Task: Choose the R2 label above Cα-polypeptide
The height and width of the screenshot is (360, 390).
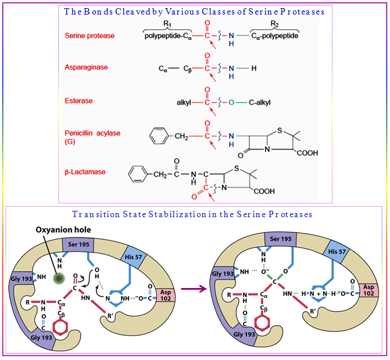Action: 275,24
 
